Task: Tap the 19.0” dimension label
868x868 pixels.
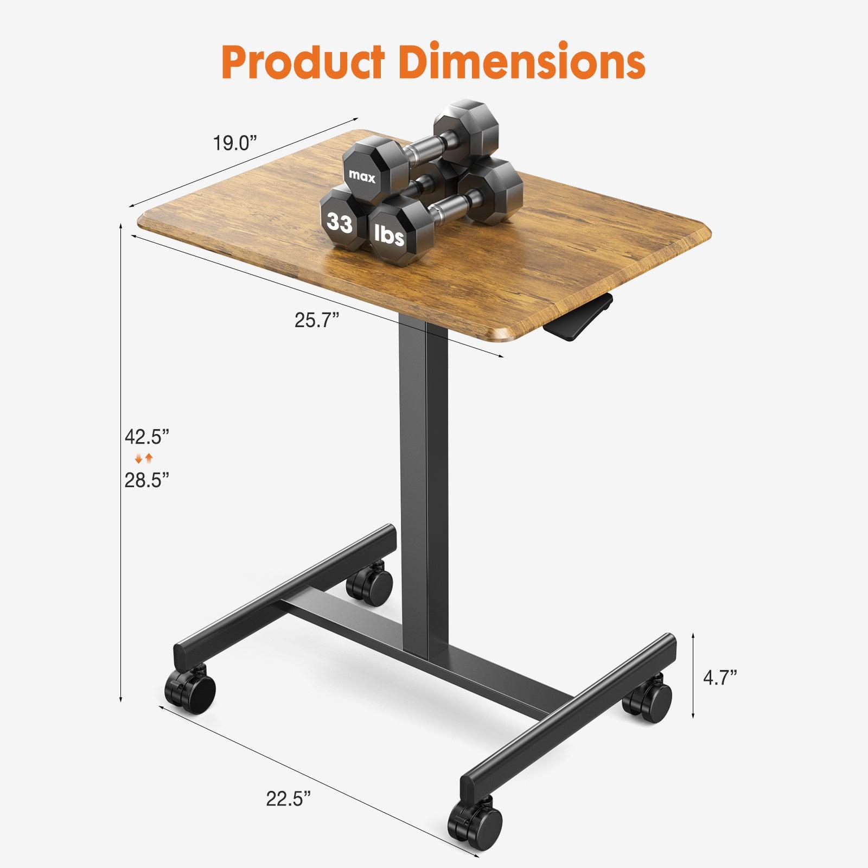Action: pyautogui.click(x=234, y=144)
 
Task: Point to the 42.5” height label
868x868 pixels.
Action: pyautogui.click(x=147, y=436)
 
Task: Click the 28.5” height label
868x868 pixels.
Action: pyautogui.click(x=147, y=480)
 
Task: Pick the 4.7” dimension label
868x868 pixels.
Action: pyautogui.click(x=720, y=678)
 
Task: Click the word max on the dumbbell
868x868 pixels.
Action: pyautogui.click(x=362, y=176)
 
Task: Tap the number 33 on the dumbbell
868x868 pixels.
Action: pyautogui.click(x=340, y=223)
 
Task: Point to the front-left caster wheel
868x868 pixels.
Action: pyautogui.click(x=191, y=691)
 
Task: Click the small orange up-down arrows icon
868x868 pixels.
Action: pyautogui.click(x=144, y=458)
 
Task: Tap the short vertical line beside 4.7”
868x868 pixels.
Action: pyautogui.click(x=693, y=676)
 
